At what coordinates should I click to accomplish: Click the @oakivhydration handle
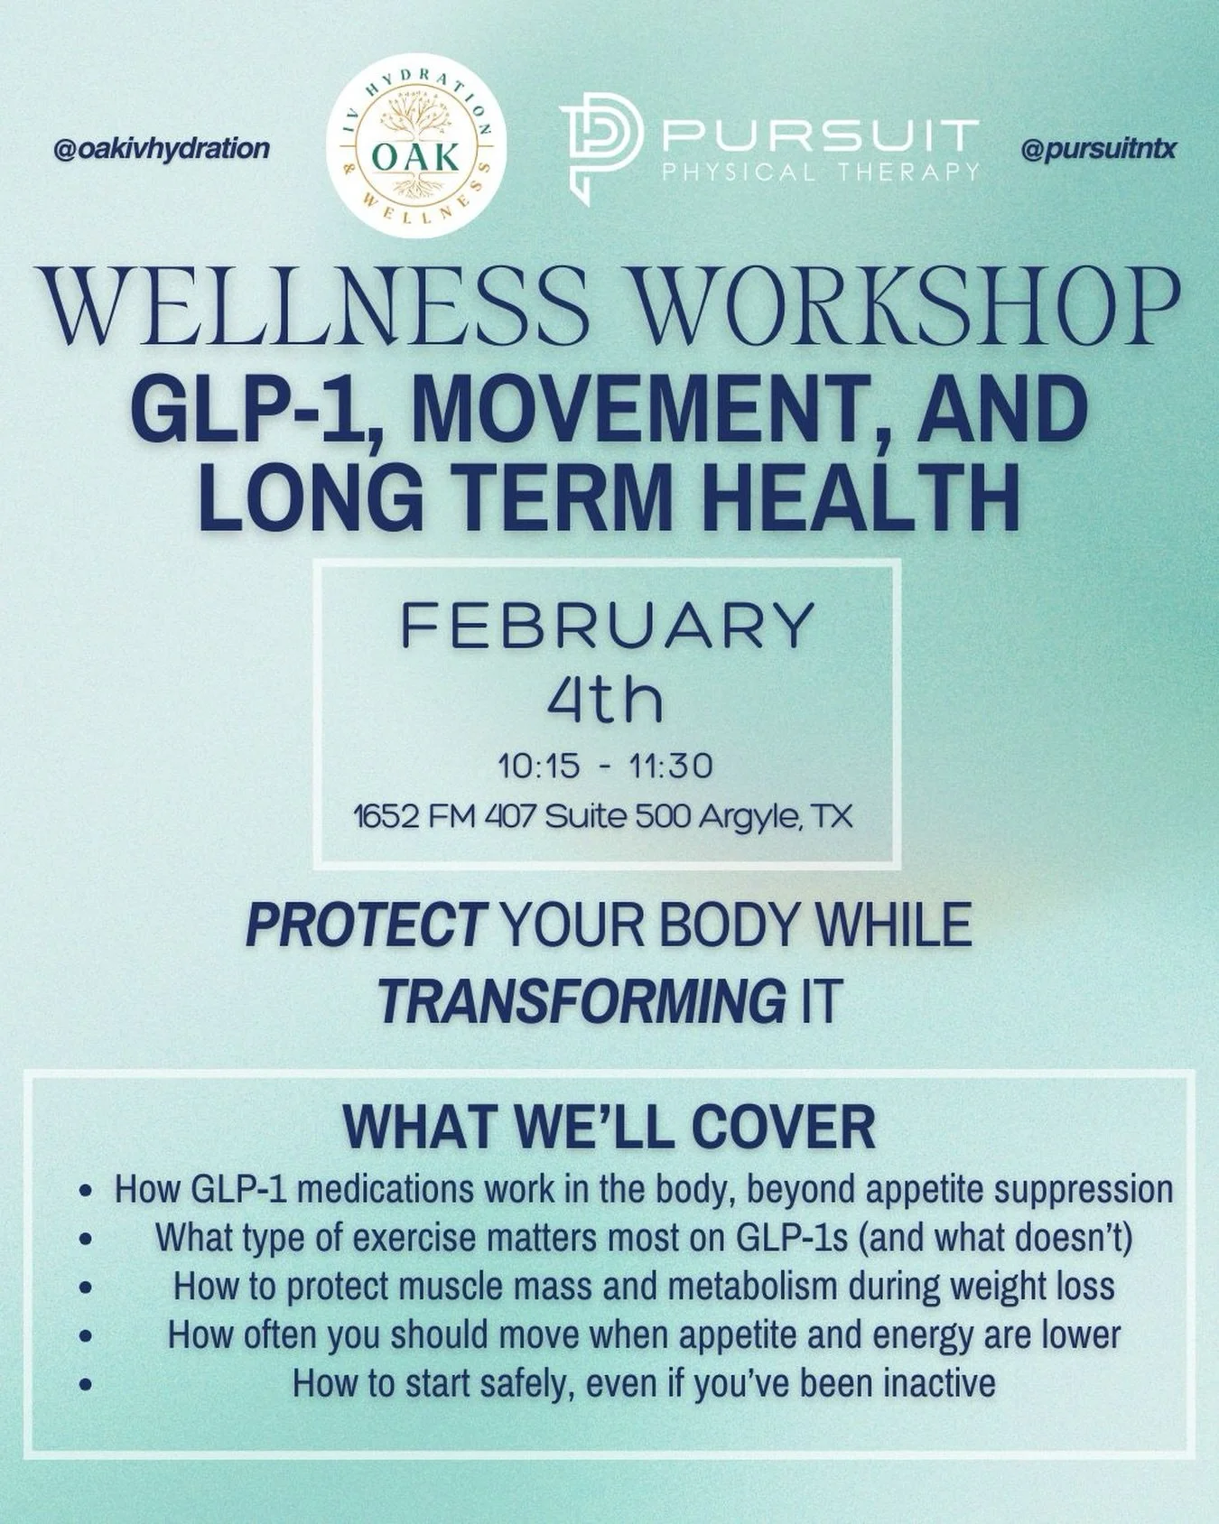click(x=162, y=148)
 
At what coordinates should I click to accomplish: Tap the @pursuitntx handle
click(x=1098, y=148)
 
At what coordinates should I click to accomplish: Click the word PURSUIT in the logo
click(x=820, y=136)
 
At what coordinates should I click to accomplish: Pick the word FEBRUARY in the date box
click(x=608, y=626)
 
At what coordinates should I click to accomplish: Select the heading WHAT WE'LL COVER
click(x=609, y=1126)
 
